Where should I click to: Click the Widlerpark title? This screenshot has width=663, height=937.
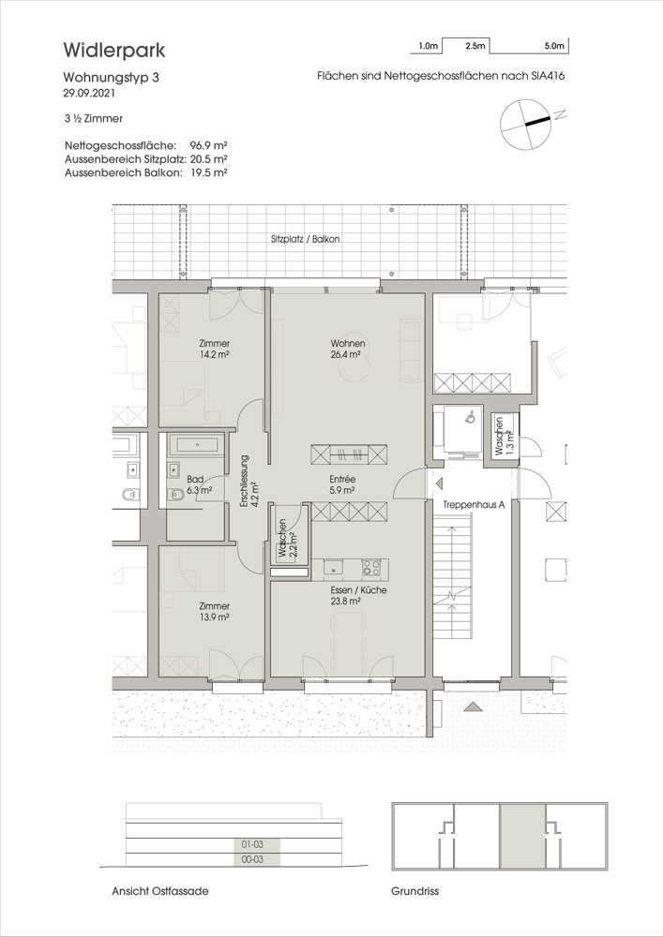click(114, 51)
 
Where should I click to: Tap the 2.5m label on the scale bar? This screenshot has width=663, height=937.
click(475, 45)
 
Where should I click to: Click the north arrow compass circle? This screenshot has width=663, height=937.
click(524, 125)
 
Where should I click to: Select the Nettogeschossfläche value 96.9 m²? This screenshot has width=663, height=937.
click(208, 145)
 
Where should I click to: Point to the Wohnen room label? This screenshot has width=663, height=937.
click(348, 344)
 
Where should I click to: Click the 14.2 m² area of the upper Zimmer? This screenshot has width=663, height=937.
click(216, 354)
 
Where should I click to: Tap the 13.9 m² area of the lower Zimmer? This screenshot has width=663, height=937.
click(216, 617)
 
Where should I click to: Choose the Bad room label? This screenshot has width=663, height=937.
click(195, 479)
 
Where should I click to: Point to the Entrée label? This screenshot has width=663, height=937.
click(342, 479)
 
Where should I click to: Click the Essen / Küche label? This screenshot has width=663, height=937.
click(359, 589)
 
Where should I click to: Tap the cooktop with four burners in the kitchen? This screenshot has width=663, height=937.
click(371, 568)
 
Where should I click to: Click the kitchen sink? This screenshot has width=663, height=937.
click(333, 568)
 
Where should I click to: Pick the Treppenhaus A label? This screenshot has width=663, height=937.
click(475, 504)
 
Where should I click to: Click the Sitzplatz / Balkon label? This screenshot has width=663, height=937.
click(306, 239)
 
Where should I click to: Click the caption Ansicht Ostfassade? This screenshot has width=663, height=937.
click(160, 891)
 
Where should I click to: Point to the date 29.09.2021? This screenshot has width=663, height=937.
click(89, 93)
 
